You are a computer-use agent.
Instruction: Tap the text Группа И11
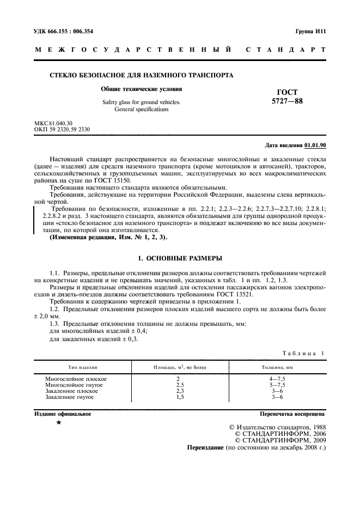[x=310, y=32]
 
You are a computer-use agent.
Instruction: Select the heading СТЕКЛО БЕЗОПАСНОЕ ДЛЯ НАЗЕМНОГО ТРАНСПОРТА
[x=142, y=75]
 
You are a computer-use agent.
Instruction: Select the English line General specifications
[x=141, y=110]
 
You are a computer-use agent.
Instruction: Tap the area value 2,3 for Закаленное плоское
[x=178, y=391]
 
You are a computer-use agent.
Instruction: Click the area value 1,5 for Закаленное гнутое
[x=178, y=397]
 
